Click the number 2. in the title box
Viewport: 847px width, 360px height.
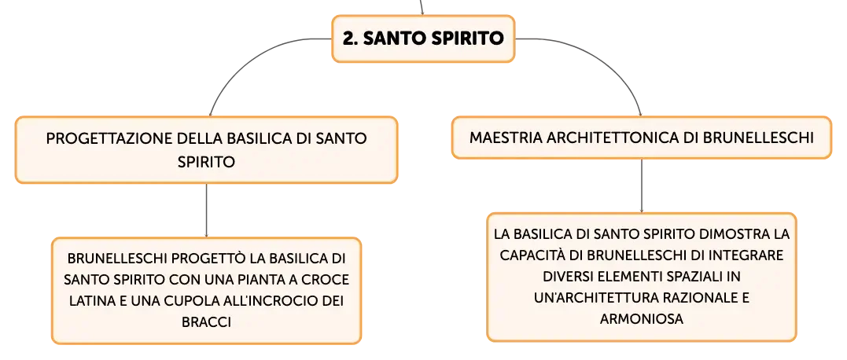pyautogui.click(x=350, y=39)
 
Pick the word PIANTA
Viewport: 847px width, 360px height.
pyautogui.click(x=267, y=280)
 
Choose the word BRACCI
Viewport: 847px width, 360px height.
pyautogui.click(x=206, y=322)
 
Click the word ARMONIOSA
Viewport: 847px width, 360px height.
pyautogui.click(x=641, y=318)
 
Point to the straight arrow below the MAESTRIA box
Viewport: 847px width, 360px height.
pyautogui.click(x=641, y=186)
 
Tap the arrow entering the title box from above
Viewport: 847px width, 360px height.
pyautogui.click(x=422, y=7)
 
